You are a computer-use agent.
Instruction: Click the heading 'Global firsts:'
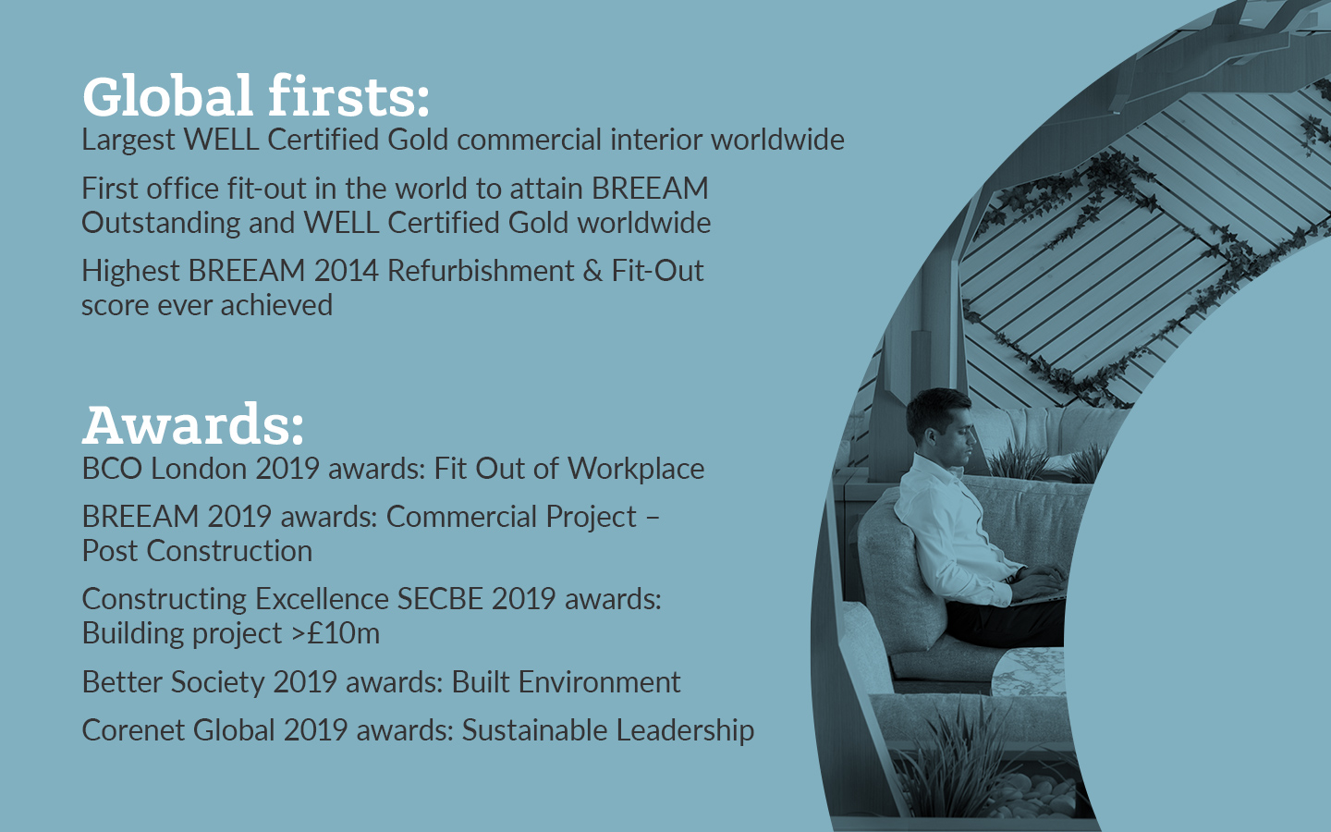[255, 96]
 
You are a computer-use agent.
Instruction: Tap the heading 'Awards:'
[193, 424]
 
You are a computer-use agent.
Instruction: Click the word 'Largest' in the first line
[128, 141]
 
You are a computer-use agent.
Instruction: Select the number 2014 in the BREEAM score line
[346, 271]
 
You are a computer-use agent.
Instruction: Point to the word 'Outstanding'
[161, 224]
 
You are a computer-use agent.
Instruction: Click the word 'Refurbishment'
[481, 271]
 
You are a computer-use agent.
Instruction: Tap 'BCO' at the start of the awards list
[112, 469]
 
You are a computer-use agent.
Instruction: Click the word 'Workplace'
[636, 470]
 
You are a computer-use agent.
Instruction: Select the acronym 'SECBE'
[440, 599]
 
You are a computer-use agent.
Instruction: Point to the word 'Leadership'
[685, 731]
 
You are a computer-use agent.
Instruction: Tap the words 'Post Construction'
[197, 551]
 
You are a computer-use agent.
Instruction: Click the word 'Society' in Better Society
[218, 683]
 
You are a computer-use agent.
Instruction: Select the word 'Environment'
[600, 682]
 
